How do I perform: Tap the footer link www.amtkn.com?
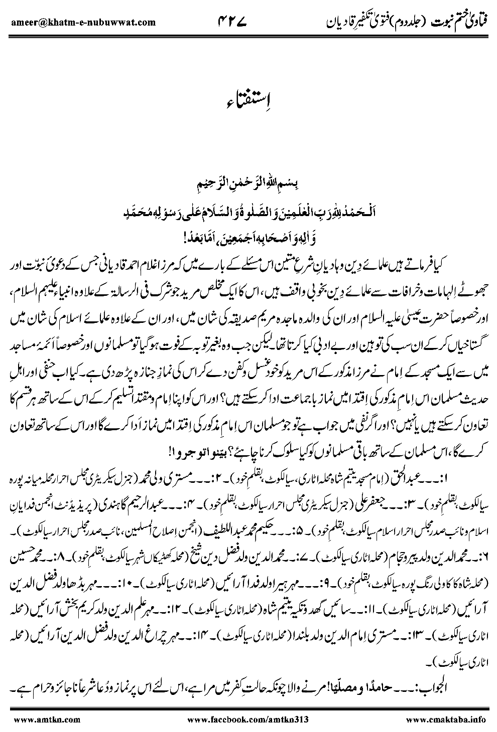33,720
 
